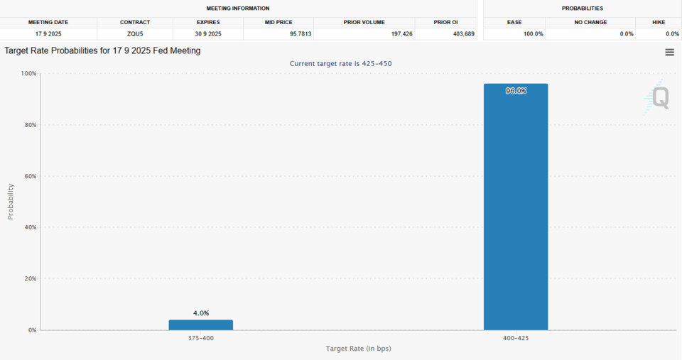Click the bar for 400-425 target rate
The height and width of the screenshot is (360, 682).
point(516,207)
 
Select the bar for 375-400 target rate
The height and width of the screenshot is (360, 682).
point(200,324)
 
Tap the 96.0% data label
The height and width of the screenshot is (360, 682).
point(516,91)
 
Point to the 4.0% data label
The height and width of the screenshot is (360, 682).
point(200,313)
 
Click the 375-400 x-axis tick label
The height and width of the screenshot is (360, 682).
point(200,338)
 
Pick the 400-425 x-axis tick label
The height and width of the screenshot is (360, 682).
point(516,338)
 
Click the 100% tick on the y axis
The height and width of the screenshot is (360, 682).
point(28,74)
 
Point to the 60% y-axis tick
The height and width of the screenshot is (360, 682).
point(30,176)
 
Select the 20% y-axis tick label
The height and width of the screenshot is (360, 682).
point(30,279)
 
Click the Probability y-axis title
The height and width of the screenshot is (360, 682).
point(11,201)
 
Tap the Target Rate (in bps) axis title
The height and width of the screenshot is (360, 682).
point(358,349)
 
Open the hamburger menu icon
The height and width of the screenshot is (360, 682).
point(669,52)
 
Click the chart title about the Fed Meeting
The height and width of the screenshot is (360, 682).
point(102,51)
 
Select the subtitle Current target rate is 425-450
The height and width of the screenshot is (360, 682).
point(340,64)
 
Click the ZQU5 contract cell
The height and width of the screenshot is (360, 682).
point(134,34)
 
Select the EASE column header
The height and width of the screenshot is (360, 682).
point(514,22)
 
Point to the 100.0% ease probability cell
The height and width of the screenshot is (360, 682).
point(533,34)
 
